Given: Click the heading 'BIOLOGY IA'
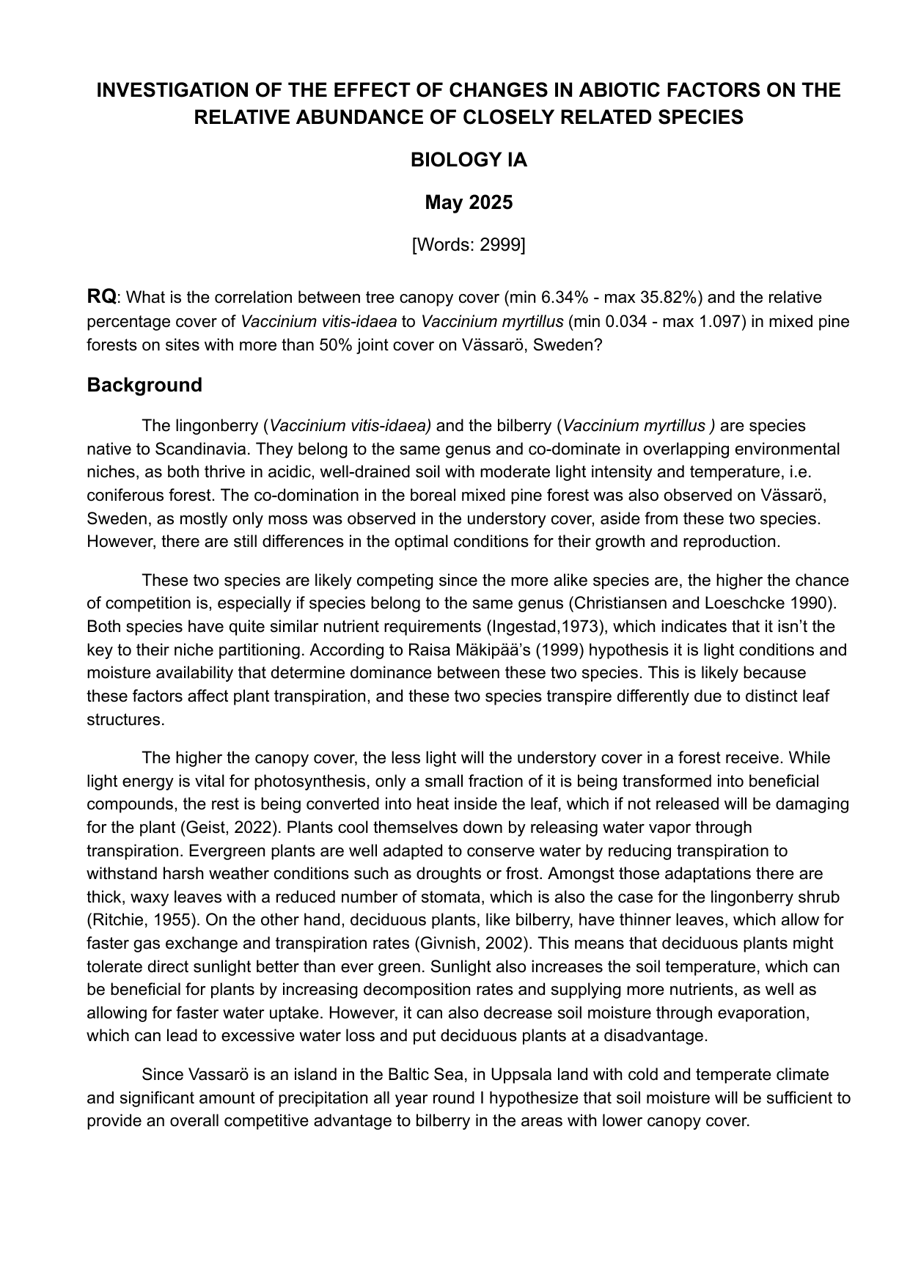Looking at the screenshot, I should tap(469, 160).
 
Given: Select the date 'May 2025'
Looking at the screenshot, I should tap(469, 202).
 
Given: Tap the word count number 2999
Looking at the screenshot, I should tap(500, 245).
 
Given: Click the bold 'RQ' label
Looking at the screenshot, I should tap(101, 297).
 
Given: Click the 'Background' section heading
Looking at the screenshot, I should tap(144, 385).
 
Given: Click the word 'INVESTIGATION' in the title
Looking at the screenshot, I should tap(173, 90).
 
